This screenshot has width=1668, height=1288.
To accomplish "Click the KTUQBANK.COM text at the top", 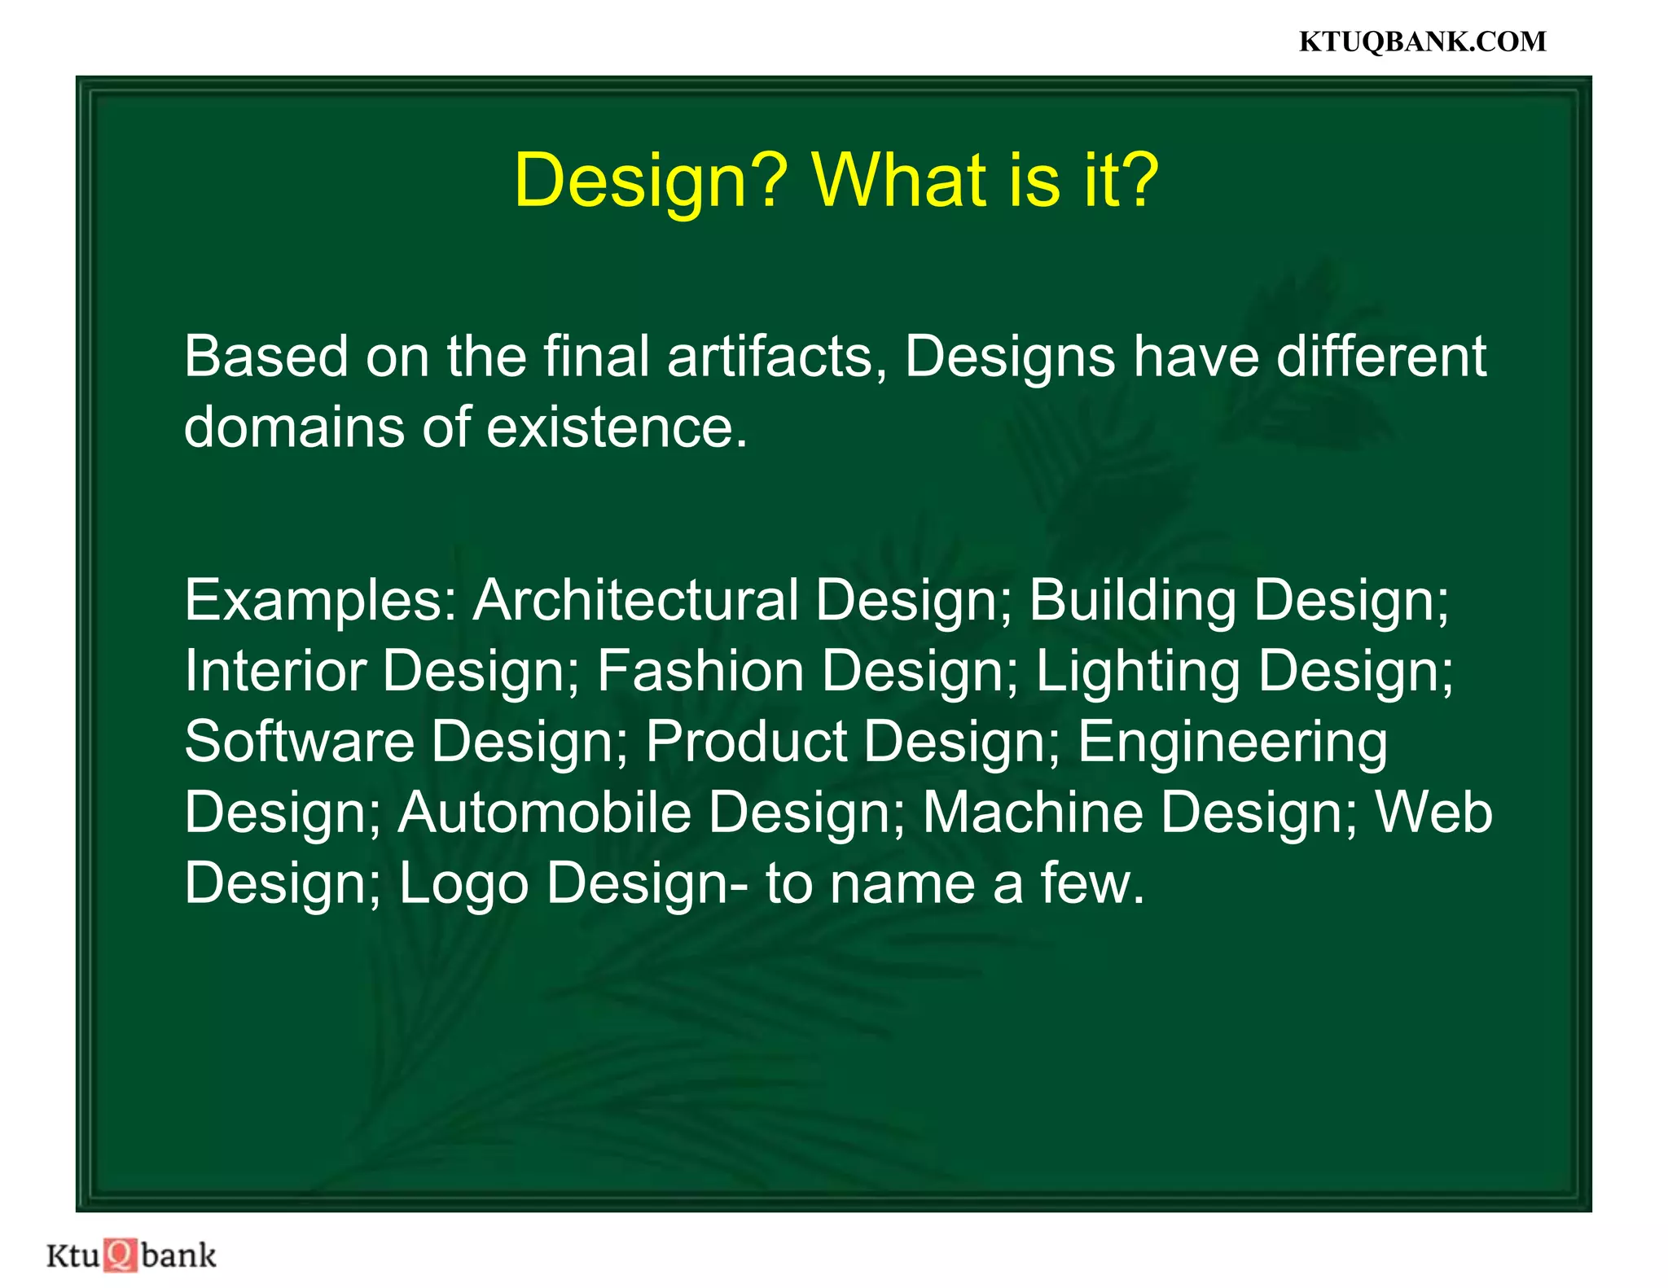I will tap(1422, 42).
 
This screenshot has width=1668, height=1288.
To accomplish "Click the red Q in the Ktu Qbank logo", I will tap(121, 1255).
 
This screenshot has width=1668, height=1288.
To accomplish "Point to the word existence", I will tap(617, 427).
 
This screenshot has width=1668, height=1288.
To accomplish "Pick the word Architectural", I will tap(636, 600).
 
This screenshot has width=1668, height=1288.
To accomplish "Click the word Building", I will tap(1132, 600).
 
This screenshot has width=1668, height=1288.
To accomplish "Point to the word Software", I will tap(299, 741).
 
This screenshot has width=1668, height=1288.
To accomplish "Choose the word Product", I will tap(746, 741).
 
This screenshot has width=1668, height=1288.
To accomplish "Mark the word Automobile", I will tap(544, 813).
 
